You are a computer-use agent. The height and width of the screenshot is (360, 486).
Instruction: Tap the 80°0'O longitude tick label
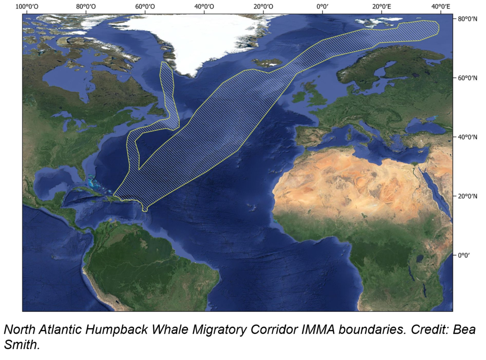[86, 7]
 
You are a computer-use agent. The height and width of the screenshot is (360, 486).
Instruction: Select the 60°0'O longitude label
[145, 7]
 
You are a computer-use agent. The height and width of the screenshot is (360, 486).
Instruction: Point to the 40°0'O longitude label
[204, 7]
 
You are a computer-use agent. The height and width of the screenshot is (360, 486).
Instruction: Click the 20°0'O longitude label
[263, 7]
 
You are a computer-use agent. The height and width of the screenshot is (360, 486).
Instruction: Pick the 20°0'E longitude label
[381, 7]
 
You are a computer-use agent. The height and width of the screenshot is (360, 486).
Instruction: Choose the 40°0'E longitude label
[440, 7]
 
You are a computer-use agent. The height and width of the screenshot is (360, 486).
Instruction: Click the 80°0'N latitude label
[467, 19]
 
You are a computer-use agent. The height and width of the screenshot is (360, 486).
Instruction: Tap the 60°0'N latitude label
[467, 78]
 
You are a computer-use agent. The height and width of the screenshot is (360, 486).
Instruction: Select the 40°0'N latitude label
[467, 137]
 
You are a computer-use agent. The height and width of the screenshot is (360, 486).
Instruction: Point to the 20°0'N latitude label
[467, 196]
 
